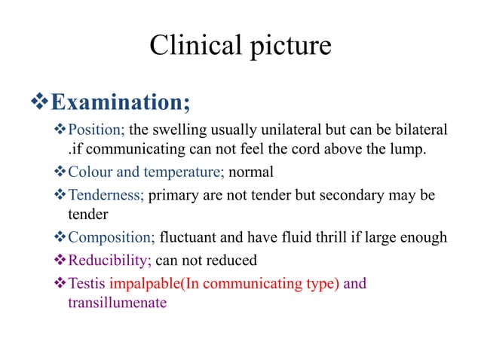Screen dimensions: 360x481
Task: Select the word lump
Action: [408, 151]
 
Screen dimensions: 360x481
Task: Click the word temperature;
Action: [184, 172]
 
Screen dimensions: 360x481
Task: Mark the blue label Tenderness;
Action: [106, 196]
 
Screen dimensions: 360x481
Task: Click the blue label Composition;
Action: [112, 238]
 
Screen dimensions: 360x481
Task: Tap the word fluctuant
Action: [188, 238]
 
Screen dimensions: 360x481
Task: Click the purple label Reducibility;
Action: [109, 261]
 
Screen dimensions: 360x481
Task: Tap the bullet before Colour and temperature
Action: [61, 172]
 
